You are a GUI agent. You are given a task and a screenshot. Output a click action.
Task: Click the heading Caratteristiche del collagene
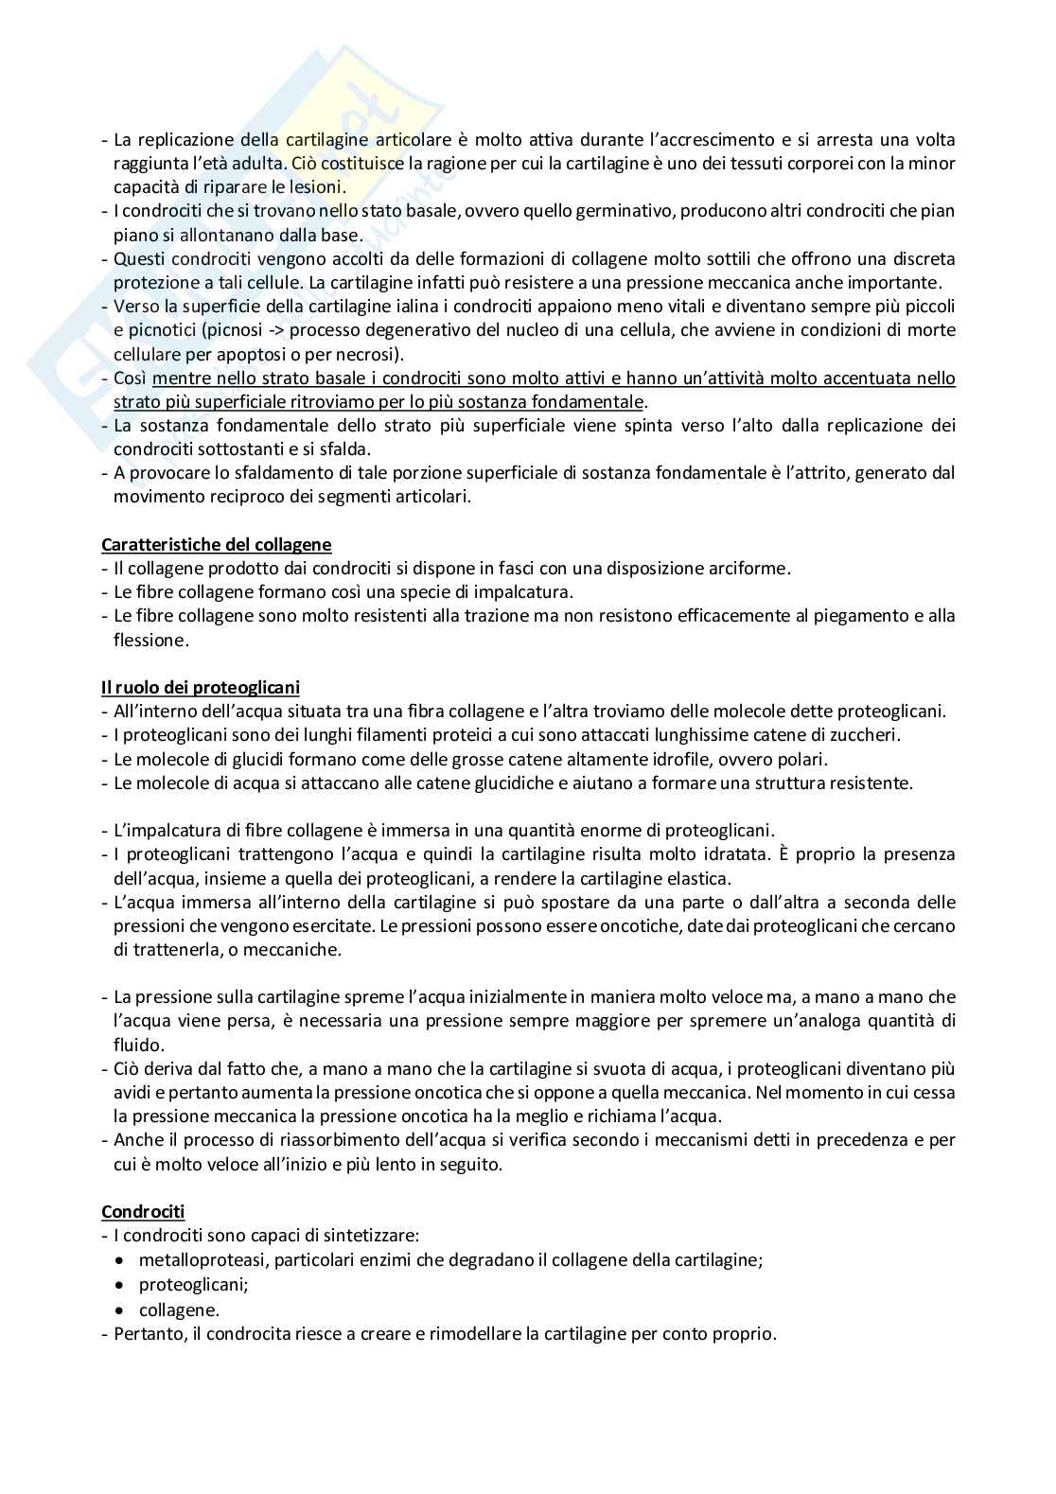point(217,544)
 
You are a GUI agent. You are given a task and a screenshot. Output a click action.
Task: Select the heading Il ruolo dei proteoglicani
point(201,687)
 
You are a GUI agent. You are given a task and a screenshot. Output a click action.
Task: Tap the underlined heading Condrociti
point(143,1211)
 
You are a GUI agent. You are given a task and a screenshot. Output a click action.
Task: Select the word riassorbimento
point(309,1139)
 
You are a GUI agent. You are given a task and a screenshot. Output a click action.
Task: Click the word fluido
point(139,1045)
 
